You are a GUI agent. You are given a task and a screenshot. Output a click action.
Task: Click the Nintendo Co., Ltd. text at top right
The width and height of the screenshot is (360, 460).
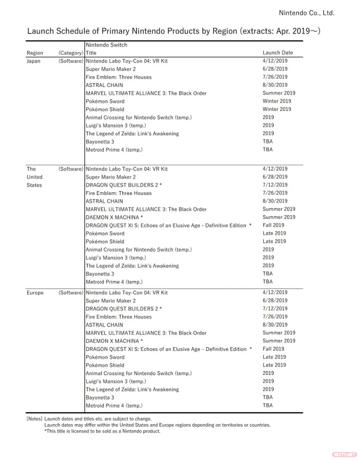pos(306,13)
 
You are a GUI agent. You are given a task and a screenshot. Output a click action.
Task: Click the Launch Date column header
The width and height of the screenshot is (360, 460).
pos(278,53)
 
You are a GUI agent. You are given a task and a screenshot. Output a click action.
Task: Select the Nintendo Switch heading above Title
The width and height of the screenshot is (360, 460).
pos(106,45)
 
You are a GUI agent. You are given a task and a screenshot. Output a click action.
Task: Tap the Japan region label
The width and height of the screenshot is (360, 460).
pos(33,61)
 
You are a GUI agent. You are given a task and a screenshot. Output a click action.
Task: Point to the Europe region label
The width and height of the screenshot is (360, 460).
pos(35,293)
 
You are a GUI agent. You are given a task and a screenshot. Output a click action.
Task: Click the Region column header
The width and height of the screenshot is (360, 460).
pos(35,53)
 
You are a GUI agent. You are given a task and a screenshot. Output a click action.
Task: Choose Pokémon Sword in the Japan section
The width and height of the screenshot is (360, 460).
pos(105,101)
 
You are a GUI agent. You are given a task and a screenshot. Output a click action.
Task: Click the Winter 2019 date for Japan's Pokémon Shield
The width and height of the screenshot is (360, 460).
pos(277,109)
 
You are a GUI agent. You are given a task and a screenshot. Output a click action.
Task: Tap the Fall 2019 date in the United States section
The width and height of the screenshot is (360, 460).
pos(273,225)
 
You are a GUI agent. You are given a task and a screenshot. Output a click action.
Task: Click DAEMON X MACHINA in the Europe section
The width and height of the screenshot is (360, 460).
pos(114,341)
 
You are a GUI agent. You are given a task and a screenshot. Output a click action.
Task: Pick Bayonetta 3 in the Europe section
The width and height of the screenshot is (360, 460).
pos(100,397)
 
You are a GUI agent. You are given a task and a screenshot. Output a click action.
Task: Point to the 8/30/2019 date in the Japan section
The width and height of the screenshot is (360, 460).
pos(275,85)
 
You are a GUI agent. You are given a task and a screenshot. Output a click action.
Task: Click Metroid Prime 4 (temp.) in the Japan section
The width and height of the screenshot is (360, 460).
pos(114,150)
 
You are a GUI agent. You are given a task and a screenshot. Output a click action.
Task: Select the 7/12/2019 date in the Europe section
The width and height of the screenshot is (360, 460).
pos(275,309)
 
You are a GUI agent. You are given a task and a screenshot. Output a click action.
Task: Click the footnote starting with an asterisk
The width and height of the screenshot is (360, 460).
pos(102,431)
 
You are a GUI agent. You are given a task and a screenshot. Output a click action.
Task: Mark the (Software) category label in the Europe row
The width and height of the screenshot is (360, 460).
pos(71,293)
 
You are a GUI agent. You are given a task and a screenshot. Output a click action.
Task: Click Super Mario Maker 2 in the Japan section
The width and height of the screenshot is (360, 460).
pos(111,69)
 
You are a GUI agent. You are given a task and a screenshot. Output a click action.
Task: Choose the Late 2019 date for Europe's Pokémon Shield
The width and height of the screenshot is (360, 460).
pos(274,365)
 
